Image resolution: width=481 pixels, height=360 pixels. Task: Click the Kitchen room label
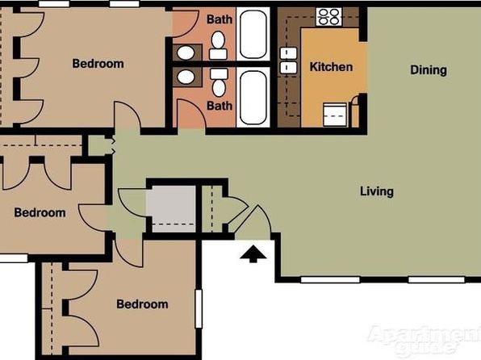click(x=331, y=67)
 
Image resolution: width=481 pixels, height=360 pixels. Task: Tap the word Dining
click(x=429, y=70)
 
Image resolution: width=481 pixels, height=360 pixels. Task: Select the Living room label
click(x=377, y=191)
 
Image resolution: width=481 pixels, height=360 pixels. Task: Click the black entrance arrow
click(x=253, y=253)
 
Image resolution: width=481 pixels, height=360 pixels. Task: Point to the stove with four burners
click(x=329, y=17)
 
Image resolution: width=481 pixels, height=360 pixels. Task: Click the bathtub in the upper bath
click(x=253, y=34)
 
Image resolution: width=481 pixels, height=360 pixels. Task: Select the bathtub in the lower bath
click(x=253, y=98)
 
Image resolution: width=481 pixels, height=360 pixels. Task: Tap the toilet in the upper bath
click(x=218, y=45)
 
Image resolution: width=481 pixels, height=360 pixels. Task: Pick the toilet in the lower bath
click(x=219, y=82)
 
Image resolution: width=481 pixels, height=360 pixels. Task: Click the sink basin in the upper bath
click(x=186, y=52)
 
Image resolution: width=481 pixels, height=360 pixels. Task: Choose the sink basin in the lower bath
click(x=186, y=77)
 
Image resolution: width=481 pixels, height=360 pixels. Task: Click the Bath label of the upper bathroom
click(x=220, y=19)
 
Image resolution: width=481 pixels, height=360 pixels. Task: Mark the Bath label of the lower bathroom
click(x=220, y=106)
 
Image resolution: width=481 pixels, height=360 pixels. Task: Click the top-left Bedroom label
click(x=98, y=64)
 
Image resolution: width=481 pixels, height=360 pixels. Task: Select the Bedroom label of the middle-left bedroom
click(x=40, y=212)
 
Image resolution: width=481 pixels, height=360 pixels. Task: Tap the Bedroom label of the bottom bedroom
click(x=142, y=304)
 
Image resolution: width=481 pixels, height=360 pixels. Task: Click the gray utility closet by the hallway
click(x=174, y=209)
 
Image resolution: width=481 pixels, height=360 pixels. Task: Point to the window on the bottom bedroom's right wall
click(x=199, y=309)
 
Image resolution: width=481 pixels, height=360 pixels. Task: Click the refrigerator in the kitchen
click(x=335, y=115)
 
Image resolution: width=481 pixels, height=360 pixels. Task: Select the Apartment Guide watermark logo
click(x=425, y=340)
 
